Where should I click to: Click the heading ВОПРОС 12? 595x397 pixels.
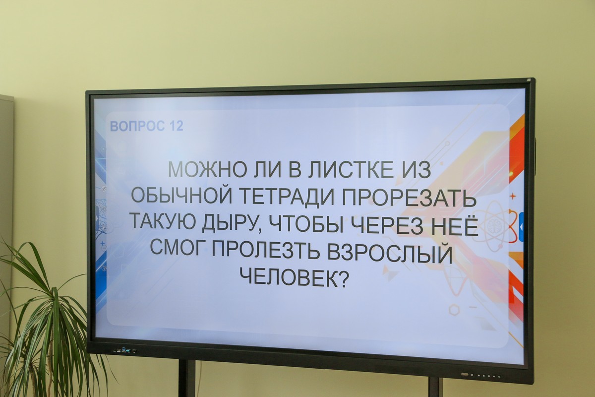[147, 126]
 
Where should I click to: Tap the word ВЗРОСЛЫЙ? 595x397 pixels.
[390, 253]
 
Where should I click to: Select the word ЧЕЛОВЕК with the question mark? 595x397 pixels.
[294, 278]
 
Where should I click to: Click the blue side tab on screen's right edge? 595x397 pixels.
[522, 227]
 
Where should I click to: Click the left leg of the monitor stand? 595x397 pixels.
[187, 378]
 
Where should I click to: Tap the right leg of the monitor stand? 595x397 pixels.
[436, 387]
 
